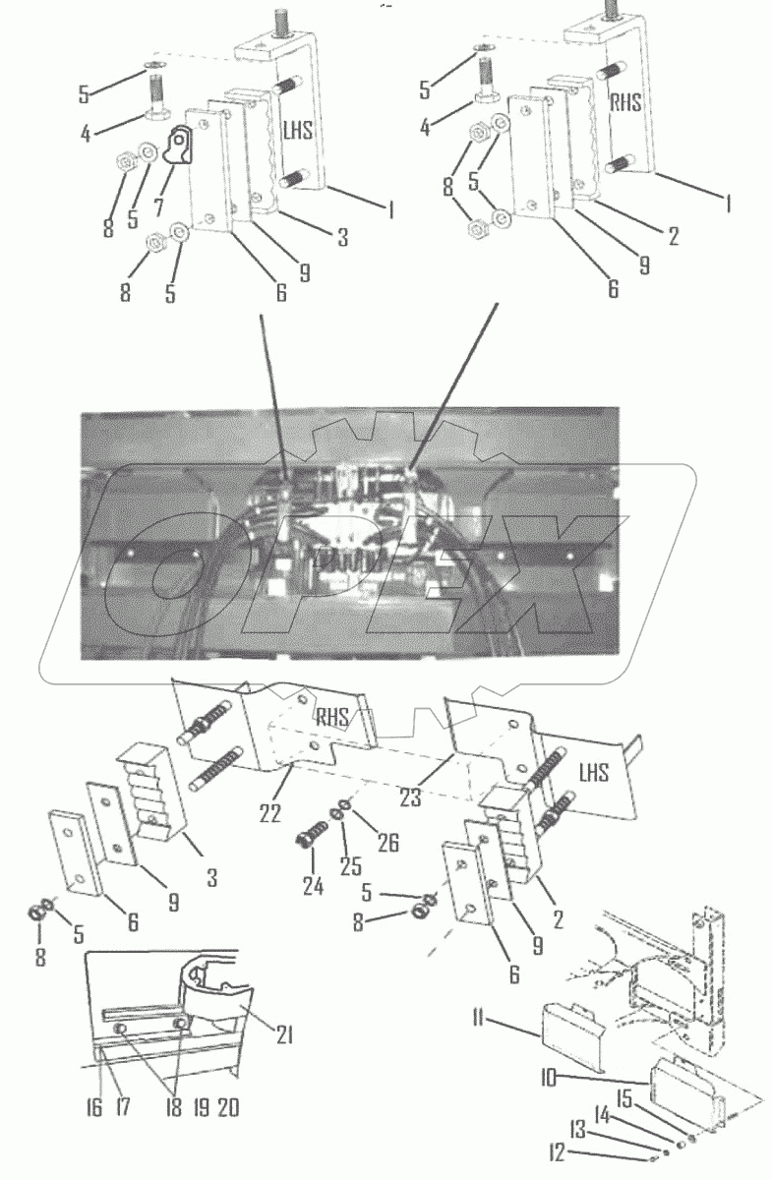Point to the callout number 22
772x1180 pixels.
[x=268, y=813]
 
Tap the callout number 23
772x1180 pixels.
[x=410, y=797]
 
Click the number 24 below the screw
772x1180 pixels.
[x=312, y=886]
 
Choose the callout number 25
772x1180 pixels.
[x=350, y=865]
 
